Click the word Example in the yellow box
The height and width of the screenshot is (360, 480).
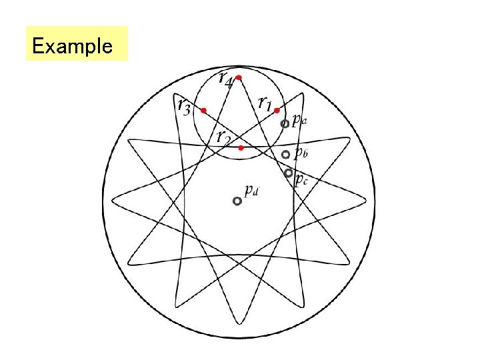pyautogui.click(x=72, y=46)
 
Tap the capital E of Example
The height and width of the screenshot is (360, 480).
pyautogui.click(x=37, y=46)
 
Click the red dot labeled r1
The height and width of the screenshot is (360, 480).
pyautogui.click(x=276, y=111)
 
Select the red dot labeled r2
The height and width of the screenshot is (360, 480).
pyautogui.click(x=241, y=147)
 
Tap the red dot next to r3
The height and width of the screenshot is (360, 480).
pyautogui.click(x=204, y=110)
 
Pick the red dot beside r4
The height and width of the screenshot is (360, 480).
pyautogui.click(x=239, y=78)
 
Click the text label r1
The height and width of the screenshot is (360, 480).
pyautogui.click(x=265, y=103)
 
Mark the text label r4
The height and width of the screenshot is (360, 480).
pyautogui.click(x=225, y=77)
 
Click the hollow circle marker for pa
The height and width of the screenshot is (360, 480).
pyautogui.click(x=285, y=123)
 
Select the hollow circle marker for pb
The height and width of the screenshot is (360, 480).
pyautogui.click(x=285, y=155)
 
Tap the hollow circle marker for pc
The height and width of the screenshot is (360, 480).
pyautogui.click(x=288, y=173)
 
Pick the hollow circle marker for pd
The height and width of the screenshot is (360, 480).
pyautogui.click(x=237, y=201)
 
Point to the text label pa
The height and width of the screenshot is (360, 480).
pyautogui.click(x=299, y=121)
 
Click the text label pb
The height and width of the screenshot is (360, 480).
pyautogui.click(x=300, y=154)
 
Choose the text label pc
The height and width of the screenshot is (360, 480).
pyautogui.click(x=301, y=178)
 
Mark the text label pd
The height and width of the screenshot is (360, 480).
pyautogui.click(x=251, y=191)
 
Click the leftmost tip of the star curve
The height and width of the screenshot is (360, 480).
pyautogui.click(x=112, y=199)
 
